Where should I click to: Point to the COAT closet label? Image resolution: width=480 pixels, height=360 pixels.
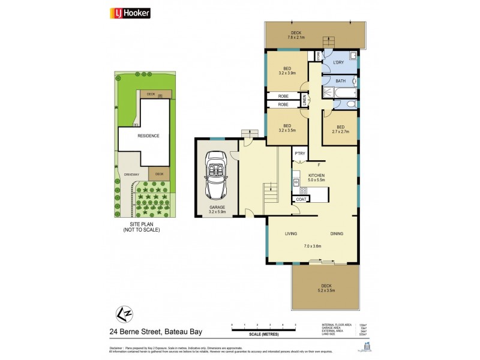pyautogui.click(x=301, y=199)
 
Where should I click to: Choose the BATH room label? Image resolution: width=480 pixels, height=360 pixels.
pyautogui.click(x=340, y=81)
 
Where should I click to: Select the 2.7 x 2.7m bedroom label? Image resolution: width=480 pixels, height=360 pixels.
pyautogui.click(x=340, y=129)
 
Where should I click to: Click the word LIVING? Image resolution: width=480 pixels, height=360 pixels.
pyautogui.click(x=292, y=234)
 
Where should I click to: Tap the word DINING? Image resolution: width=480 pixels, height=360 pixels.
pyautogui.click(x=337, y=234)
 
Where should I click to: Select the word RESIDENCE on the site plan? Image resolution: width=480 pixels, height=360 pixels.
pyautogui.click(x=149, y=136)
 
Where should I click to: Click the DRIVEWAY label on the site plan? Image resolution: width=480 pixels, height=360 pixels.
pyautogui.click(x=131, y=175)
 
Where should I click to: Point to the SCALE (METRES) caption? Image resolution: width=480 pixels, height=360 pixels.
pyautogui.click(x=263, y=335)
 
